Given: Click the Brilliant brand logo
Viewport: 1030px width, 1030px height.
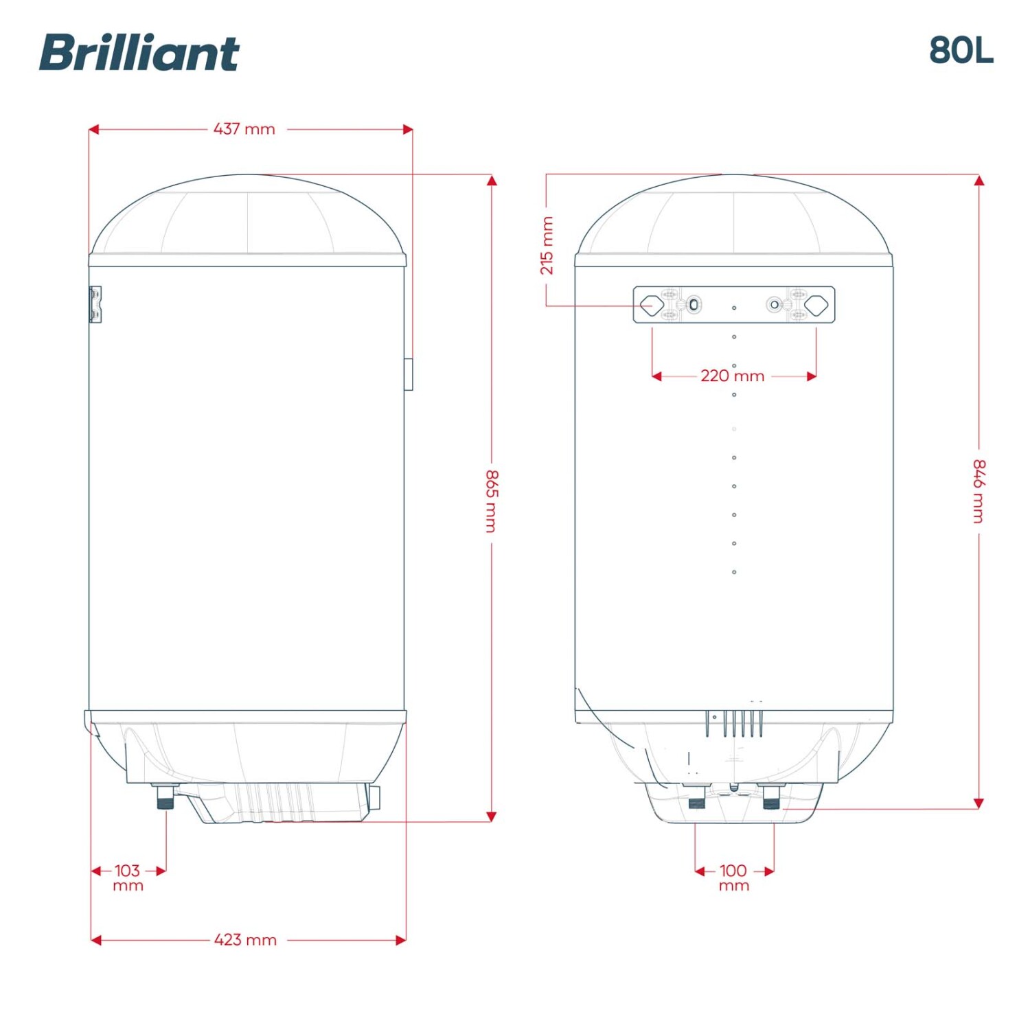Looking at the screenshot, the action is tap(139, 53).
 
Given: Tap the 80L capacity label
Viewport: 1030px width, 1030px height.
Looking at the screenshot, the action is tap(961, 50).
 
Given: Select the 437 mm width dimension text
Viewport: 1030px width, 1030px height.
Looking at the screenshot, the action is tap(244, 129).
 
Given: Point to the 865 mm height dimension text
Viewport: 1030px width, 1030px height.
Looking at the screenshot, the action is tap(492, 501).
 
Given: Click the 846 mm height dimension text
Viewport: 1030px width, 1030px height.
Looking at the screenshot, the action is tap(979, 491).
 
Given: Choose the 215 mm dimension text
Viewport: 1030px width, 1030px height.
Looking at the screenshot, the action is tap(547, 245).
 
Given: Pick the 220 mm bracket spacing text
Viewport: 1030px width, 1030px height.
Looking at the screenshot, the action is tap(733, 376).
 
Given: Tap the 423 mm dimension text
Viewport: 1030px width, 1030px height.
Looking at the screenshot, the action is tap(245, 939).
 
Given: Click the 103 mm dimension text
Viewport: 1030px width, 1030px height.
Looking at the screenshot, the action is tap(128, 878).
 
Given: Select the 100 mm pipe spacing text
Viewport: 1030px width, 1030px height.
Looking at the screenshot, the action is tap(733, 878).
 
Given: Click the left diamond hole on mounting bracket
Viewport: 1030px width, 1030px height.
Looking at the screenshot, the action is tap(651, 305).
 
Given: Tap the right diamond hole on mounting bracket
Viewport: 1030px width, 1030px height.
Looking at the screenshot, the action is tap(816, 305).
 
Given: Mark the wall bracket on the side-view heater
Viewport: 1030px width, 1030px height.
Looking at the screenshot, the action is tap(95, 304).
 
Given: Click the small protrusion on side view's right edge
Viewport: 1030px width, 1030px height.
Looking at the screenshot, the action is tap(409, 374).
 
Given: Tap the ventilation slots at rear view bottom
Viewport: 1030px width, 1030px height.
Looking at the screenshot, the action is tap(734, 724).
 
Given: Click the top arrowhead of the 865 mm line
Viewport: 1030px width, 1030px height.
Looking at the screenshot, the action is tap(492, 180).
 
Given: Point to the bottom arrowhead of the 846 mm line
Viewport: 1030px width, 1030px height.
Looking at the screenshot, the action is tap(979, 803).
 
